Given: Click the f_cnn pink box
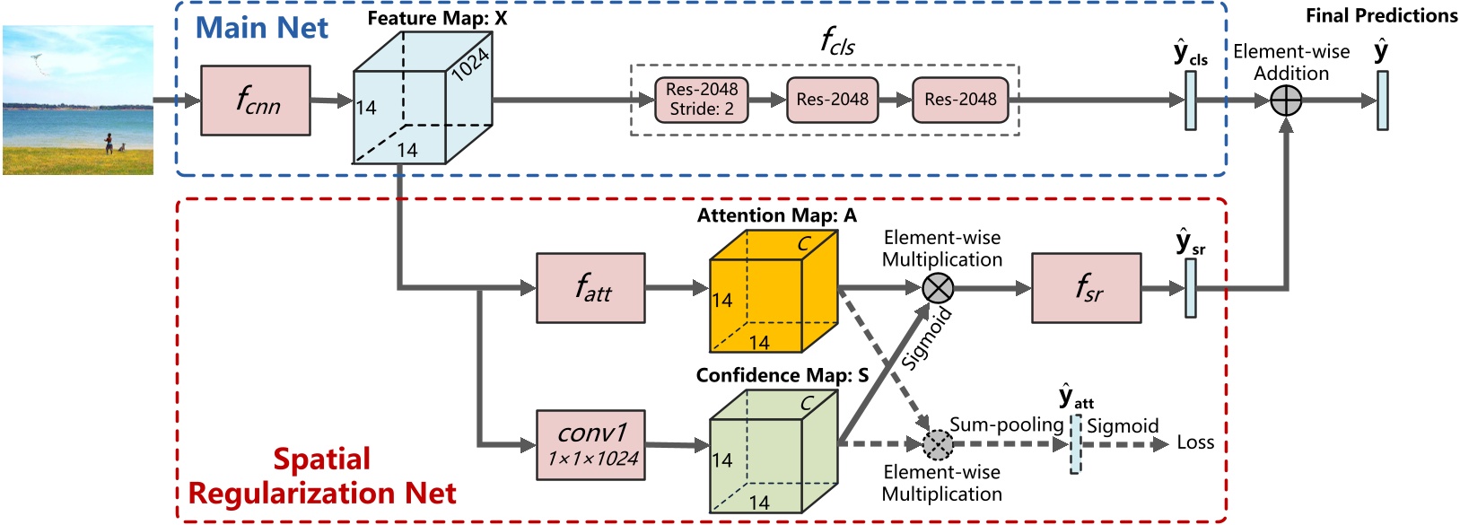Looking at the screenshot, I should click(x=256, y=101).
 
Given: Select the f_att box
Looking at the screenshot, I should click(x=590, y=288).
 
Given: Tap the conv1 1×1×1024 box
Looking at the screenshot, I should click(x=590, y=445).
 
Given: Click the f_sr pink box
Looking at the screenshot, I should click(x=1086, y=288).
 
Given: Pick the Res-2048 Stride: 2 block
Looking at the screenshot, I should click(x=701, y=100).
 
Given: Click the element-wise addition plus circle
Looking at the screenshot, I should click(x=1286, y=101).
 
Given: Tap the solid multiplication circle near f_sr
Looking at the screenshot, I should click(x=938, y=288).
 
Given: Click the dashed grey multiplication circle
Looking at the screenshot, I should click(x=938, y=443).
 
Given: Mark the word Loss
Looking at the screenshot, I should click(x=1194, y=442).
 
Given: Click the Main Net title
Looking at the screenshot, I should click(x=262, y=28).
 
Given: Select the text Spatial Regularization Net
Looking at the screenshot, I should click(x=322, y=477).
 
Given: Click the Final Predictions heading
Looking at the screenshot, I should click(x=1381, y=15).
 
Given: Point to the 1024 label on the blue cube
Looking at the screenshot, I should click(x=470, y=64).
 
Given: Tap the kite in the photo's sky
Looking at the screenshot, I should click(x=36, y=59).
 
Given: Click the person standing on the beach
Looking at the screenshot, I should click(x=109, y=143).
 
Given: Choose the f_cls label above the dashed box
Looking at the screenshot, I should click(x=837, y=41).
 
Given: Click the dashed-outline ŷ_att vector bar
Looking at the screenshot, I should click(x=1075, y=443).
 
